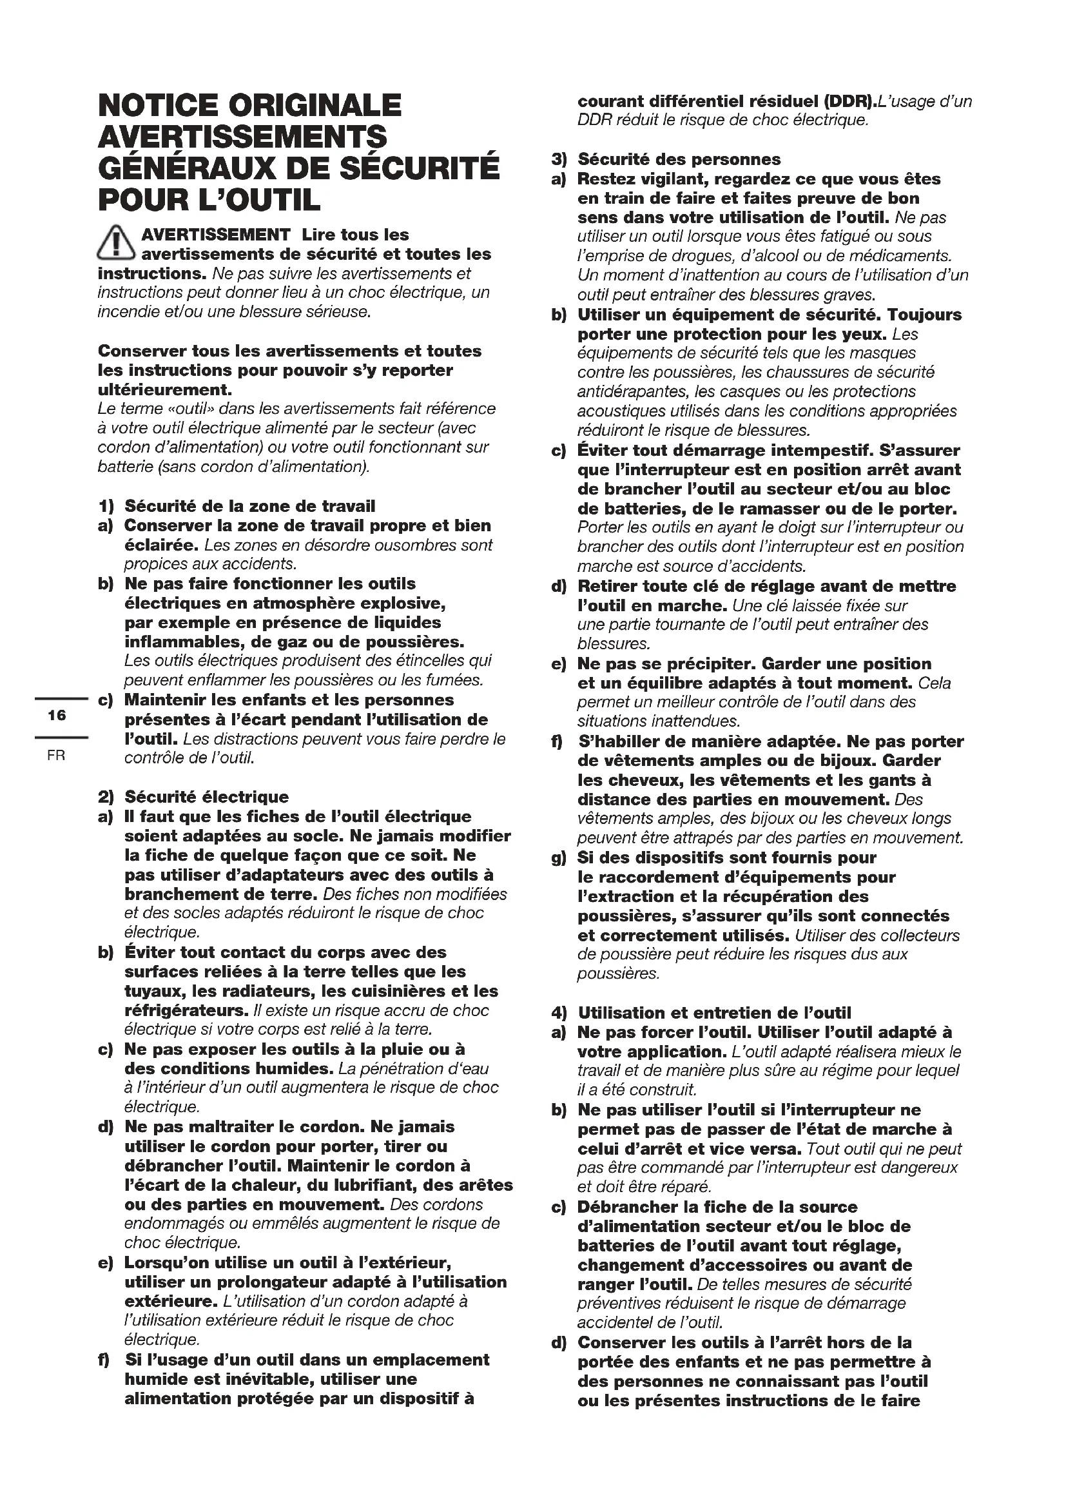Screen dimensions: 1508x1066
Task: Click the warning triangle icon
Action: (x=116, y=242)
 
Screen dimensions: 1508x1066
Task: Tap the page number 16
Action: (x=57, y=715)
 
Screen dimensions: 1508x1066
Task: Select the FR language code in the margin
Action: (x=57, y=756)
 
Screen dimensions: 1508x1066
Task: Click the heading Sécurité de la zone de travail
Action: (x=249, y=506)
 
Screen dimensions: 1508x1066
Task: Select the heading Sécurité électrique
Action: (x=206, y=798)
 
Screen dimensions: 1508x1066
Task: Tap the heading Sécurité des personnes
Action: (x=679, y=160)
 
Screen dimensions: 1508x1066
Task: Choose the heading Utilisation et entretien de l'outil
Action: (x=714, y=1013)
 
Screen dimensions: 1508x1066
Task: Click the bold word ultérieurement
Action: (x=164, y=390)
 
